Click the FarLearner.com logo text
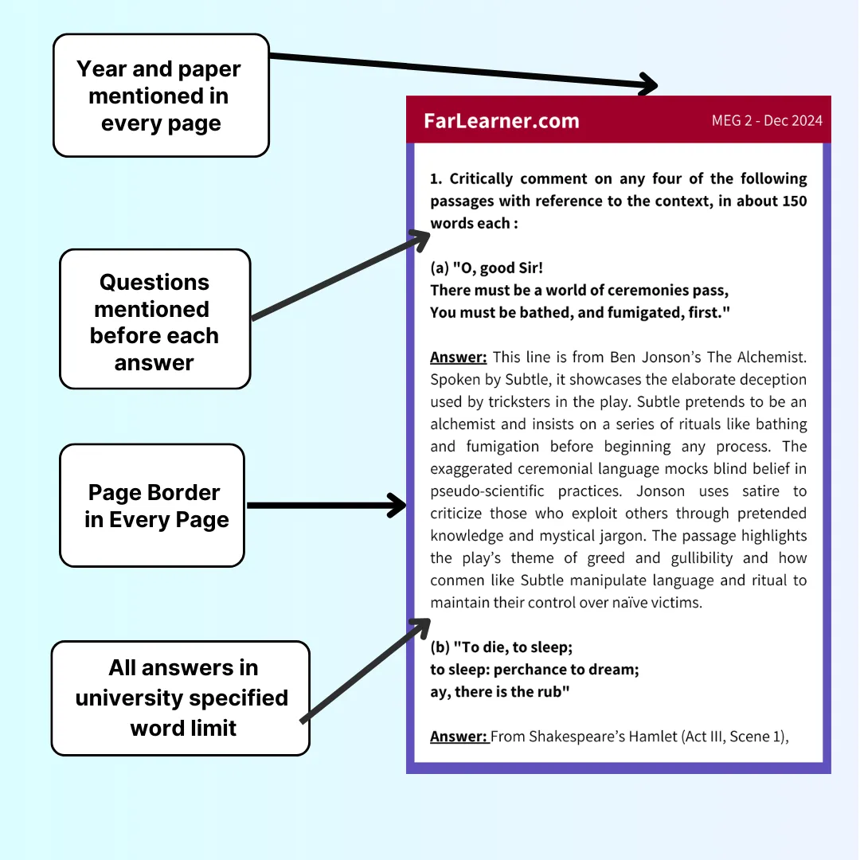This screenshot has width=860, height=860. pyautogui.click(x=502, y=121)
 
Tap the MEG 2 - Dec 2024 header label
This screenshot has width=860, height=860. pyautogui.click(x=767, y=121)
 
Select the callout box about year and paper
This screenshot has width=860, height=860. pyautogui.click(x=160, y=96)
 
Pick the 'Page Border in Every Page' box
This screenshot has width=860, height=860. pyautogui.click(x=152, y=506)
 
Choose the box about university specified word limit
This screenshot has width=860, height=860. pyautogui.click(x=181, y=698)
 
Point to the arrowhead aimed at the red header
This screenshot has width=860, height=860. pyautogui.click(x=649, y=84)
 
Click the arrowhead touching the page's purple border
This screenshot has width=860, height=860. pyautogui.click(x=397, y=505)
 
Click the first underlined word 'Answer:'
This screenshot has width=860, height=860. pyautogui.click(x=459, y=357)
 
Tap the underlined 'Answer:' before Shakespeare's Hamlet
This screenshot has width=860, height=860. pyautogui.click(x=459, y=736)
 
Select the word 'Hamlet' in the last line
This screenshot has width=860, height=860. pyautogui.click(x=653, y=736)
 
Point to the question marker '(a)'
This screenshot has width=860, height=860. pyautogui.click(x=439, y=268)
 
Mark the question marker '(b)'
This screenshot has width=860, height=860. pyautogui.click(x=439, y=647)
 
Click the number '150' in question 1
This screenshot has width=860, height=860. pyautogui.click(x=794, y=201)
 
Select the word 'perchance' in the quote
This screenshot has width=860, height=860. pyautogui.click(x=541, y=670)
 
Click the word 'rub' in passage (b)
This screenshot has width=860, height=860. pyautogui.click(x=554, y=692)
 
